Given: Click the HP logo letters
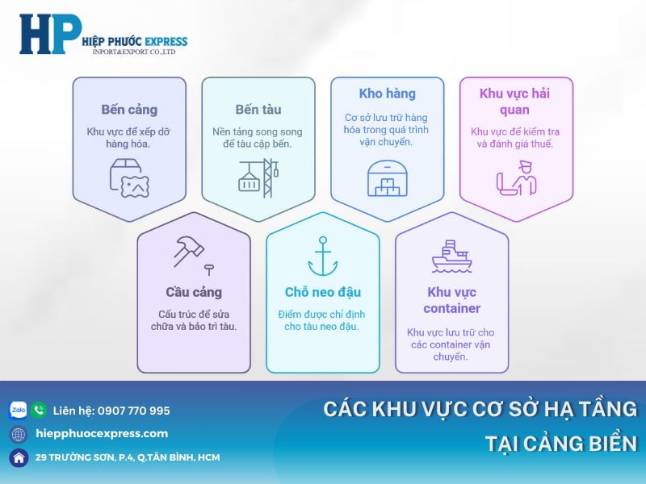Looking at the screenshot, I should pyautogui.click(x=50, y=35).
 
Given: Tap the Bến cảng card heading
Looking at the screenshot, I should pyautogui.click(x=129, y=109).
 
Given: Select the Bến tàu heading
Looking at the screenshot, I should pyautogui.click(x=258, y=109).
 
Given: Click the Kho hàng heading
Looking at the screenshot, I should pyautogui.click(x=387, y=94).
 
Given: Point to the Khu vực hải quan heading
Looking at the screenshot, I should pyautogui.click(x=516, y=101).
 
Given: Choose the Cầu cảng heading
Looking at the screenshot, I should pyautogui.click(x=194, y=292).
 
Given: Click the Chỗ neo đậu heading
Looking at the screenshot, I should pyautogui.click(x=323, y=292).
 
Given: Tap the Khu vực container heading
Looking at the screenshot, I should pyautogui.click(x=452, y=299).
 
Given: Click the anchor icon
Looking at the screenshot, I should pyautogui.click(x=323, y=256).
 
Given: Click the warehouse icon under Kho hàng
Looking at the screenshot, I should pyautogui.click(x=388, y=177).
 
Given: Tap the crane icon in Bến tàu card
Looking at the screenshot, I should pyautogui.click(x=258, y=177).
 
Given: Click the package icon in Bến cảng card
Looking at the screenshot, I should pyautogui.click(x=129, y=178).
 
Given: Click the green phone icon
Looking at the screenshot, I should pyautogui.click(x=39, y=410).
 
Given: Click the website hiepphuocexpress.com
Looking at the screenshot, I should pyautogui.click(x=102, y=433).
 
